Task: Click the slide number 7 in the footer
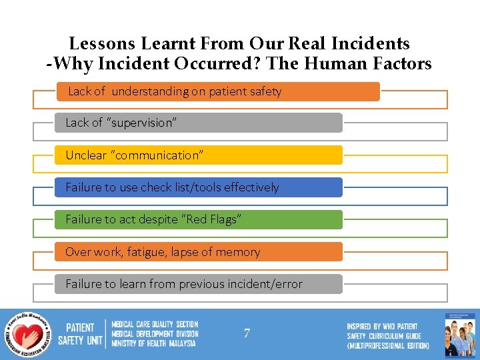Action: point(247,333)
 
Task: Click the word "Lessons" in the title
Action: point(103,44)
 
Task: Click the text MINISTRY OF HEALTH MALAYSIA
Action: point(154,343)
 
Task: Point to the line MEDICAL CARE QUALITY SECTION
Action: point(155,325)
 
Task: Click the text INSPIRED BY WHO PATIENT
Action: point(382,327)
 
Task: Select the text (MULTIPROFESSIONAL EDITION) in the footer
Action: point(388,346)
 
